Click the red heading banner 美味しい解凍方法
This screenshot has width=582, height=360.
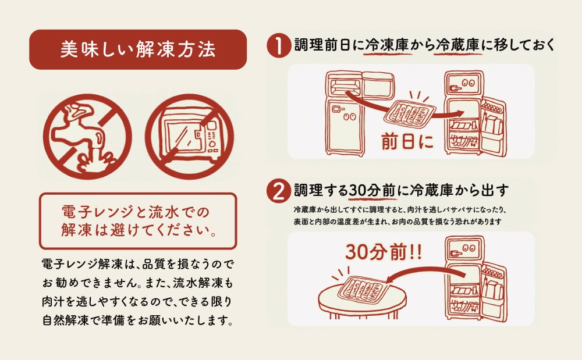(x=138, y=49)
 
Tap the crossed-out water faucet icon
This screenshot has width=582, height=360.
(x=88, y=137)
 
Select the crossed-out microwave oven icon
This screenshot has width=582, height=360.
(x=189, y=137)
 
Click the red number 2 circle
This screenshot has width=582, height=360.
(x=278, y=191)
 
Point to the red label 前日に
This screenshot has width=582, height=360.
(x=407, y=142)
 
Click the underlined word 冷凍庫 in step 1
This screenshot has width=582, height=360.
(x=387, y=45)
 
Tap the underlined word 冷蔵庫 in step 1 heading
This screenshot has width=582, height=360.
(x=459, y=45)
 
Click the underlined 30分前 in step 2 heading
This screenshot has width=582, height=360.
(x=372, y=191)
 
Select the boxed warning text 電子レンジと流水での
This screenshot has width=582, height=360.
(x=136, y=212)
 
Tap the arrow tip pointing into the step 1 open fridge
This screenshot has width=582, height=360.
(x=464, y=113)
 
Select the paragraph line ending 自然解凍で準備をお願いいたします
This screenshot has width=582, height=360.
(x=138, y=320)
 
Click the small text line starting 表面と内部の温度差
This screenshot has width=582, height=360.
(x=398, y=222)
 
